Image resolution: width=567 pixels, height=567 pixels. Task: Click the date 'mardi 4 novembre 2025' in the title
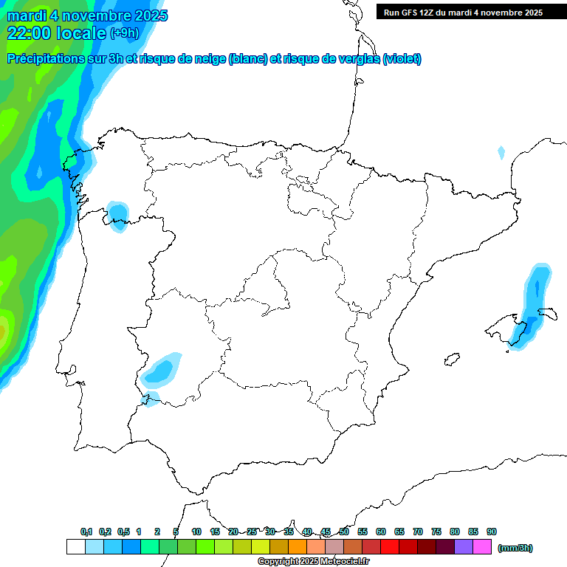click(87, 16)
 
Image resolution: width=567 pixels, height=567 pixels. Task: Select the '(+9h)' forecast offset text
click(124, 33)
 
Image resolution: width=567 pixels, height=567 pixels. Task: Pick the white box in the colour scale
click(75, 547)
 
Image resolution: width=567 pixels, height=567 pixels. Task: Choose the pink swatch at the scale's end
click(482, 547)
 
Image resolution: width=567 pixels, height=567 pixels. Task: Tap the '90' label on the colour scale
click(492, 532)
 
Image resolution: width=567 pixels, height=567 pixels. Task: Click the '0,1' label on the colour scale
click(86, 532)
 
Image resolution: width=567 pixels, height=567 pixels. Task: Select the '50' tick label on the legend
click(344, 532)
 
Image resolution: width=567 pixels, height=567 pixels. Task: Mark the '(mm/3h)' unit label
click(515, 548)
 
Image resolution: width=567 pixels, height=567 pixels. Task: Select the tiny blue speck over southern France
click(501, 153)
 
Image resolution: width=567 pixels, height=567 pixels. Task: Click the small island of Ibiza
click(452, 360)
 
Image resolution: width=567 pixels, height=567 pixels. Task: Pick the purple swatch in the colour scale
click(464, 547)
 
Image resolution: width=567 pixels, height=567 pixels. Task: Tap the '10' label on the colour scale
click(196, 532)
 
